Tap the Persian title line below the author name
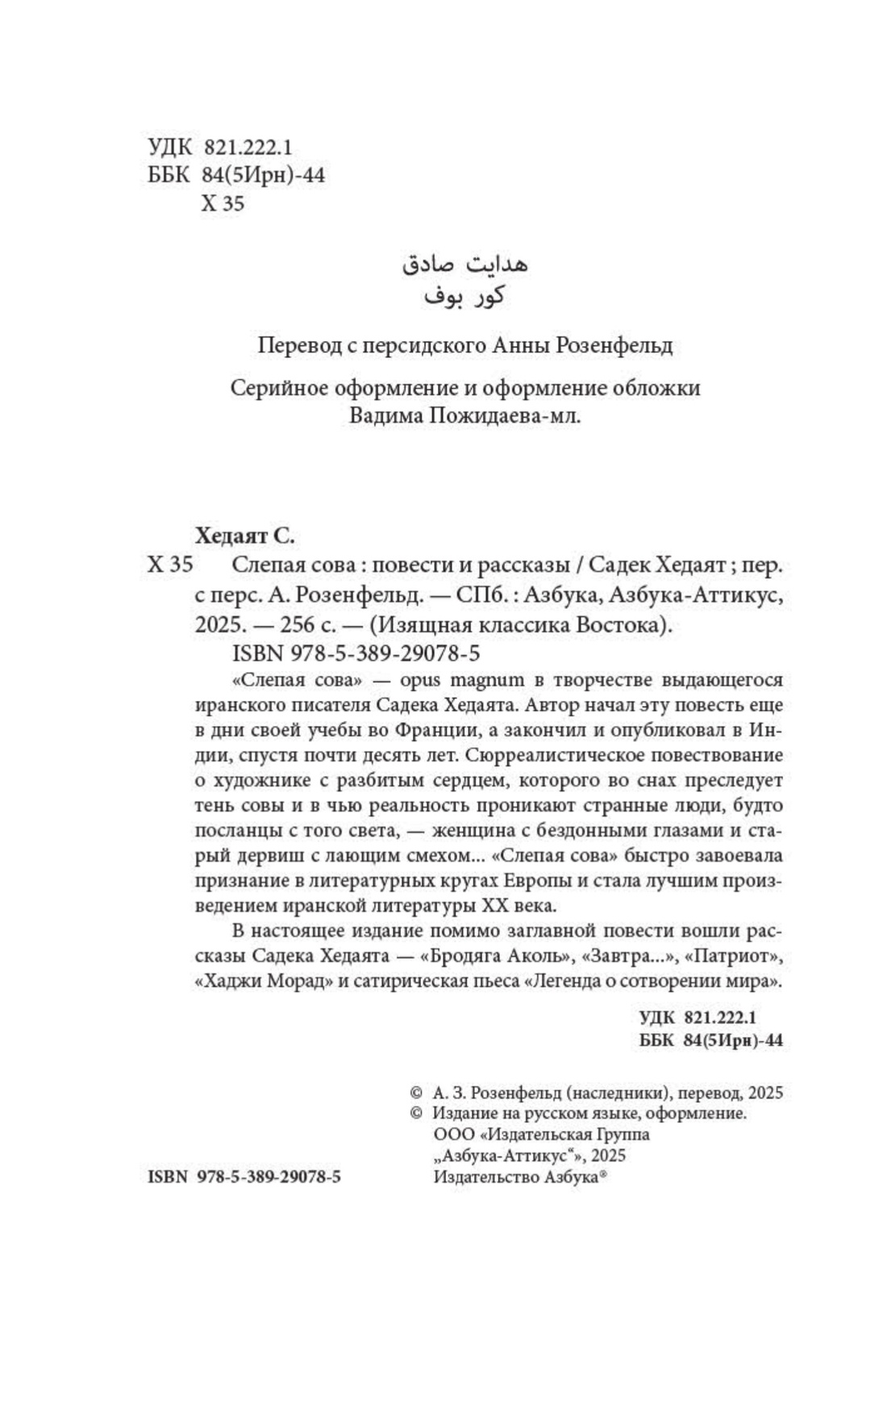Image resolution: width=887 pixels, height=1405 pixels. pos(464,295)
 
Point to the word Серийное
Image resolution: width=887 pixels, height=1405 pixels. pos(269,388)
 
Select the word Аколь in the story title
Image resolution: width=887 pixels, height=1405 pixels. pos(527,958)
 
